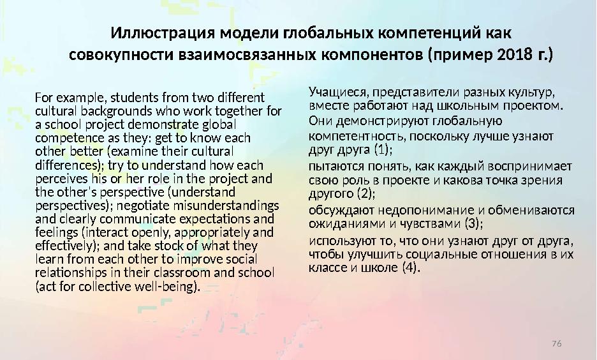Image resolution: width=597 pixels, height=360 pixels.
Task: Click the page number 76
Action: (x=556, y=345)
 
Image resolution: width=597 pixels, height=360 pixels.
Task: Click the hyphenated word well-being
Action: (x=165, y=287)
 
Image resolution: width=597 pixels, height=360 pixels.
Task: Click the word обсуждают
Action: (x=342, y=210)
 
